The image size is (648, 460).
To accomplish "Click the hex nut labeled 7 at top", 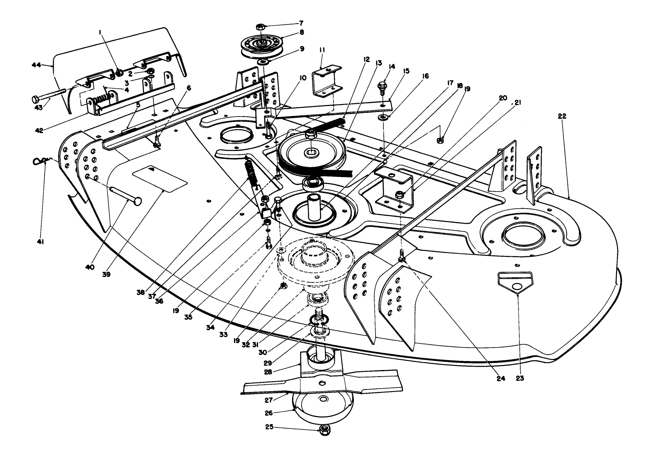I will [261, 27].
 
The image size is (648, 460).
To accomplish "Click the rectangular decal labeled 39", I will [160, 178].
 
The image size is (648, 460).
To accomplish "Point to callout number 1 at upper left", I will [100, 32].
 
